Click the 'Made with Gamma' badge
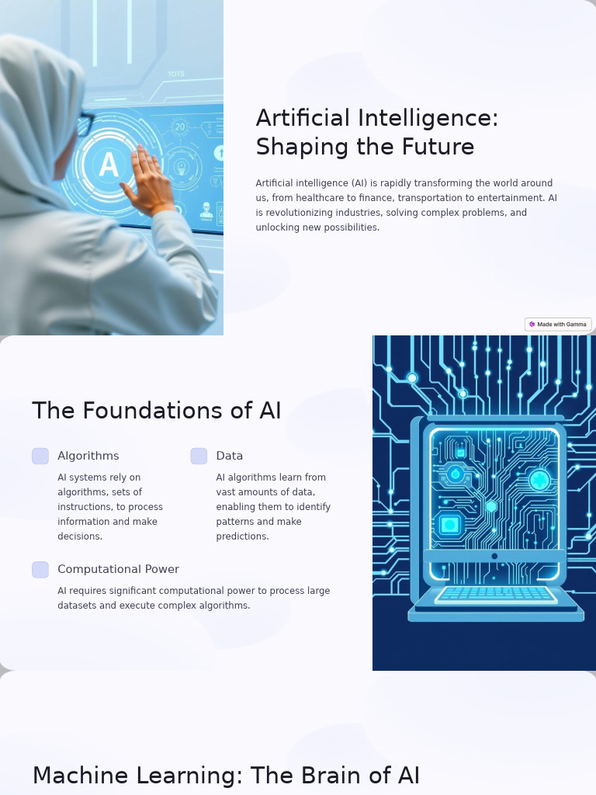coord(558,325)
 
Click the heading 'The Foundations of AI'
coord(156,411)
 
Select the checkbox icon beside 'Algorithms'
coord(40,457)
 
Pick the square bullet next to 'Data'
coord(199,457)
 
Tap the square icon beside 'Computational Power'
coord(40,570)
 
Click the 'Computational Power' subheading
coord(118,569)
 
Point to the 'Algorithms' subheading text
coord(88,456)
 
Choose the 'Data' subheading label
coord(230,456)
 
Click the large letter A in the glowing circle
coord(109,165)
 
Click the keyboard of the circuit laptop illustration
coord(495,594)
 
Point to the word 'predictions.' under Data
coord(242,536)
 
